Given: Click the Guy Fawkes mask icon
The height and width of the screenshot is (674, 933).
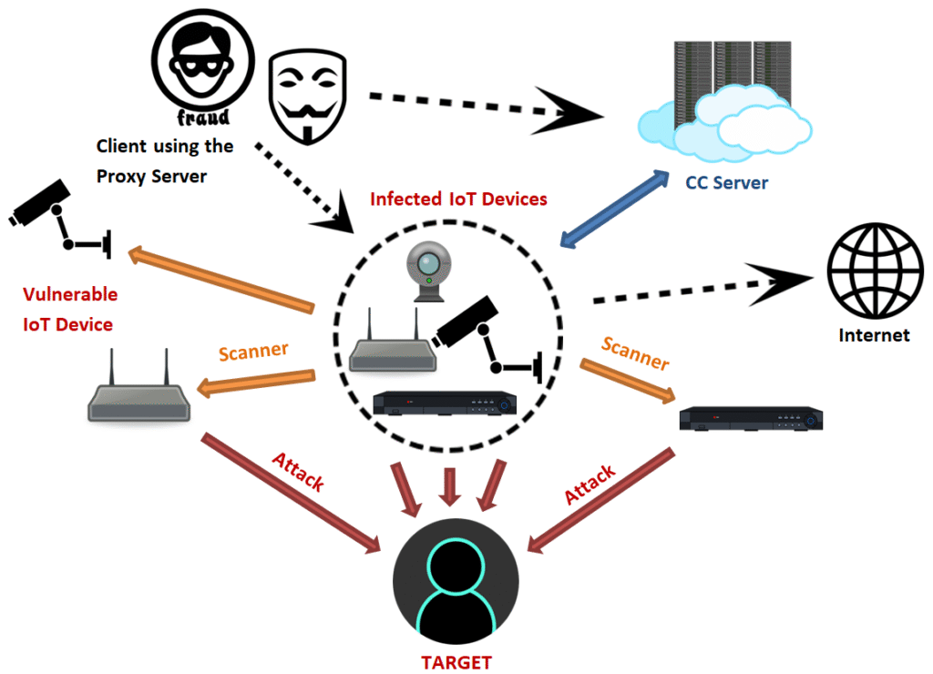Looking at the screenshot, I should click(x=310, y=97).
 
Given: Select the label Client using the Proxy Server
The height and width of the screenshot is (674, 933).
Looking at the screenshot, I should click(x=164, y=160).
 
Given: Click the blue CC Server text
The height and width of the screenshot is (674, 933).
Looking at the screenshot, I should click(x=726, y=182).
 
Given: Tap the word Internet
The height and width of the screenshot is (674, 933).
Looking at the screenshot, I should click(x=874, y=335).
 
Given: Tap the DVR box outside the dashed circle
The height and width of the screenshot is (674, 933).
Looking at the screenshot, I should click(x=753, y=418).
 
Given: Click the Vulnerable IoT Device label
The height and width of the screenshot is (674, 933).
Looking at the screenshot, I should click(x=69, y=310).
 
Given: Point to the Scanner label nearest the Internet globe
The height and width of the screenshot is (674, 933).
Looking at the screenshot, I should click(x=635, y=354).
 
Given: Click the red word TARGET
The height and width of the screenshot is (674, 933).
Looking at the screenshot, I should click(x=455, y=662).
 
